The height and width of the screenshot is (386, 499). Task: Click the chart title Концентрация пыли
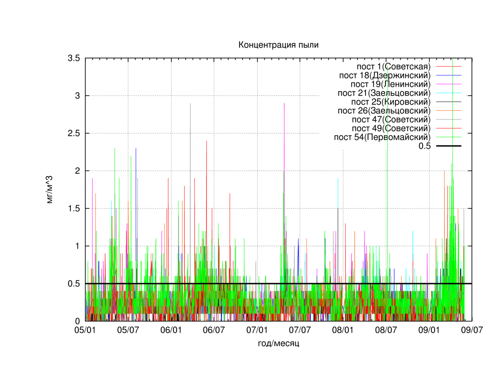coord(278,45)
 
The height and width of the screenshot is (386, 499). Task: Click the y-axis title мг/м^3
coord(50,189)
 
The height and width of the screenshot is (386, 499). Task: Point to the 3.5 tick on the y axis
coord(74,58)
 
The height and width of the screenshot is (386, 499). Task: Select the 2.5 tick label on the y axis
coord(74,133)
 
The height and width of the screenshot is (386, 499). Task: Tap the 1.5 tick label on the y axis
coord(74,209)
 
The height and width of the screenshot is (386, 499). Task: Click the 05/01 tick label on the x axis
coord(85,330)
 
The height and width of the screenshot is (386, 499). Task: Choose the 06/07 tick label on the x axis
coord(214,330)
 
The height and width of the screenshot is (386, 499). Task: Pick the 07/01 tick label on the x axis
coord(257,330)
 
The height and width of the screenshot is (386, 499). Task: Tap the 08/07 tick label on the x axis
coord(386,330)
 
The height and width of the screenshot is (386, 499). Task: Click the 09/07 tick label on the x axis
coord(472,330)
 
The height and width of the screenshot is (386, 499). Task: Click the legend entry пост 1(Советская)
coord(393,67)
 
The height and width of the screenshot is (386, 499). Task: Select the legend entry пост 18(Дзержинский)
coord(385,75)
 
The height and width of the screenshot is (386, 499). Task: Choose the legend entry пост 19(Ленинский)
coord(390,84)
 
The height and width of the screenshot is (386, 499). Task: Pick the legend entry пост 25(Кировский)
coord(391,102)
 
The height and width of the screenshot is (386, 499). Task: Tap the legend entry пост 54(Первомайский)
coord(382,137)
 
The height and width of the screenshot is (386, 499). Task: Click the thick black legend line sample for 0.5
coord(449,146)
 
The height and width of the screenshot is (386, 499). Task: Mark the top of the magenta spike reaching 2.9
coord(284,103)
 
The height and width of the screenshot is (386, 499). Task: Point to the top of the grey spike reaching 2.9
coord(190,103)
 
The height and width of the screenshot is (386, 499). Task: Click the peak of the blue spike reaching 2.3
coord(136,148)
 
